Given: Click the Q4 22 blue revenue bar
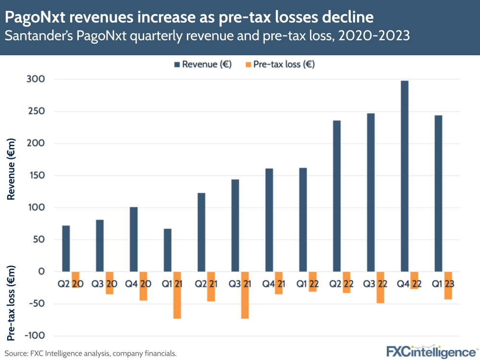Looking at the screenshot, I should (405, 176).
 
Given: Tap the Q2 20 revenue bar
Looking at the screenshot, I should (66, 248).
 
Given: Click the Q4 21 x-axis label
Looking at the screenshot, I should (274, 284).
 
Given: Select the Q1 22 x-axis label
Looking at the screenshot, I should (308, 284).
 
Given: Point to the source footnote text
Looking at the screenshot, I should (91, 353).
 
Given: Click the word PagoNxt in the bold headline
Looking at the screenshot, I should (33, 17).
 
